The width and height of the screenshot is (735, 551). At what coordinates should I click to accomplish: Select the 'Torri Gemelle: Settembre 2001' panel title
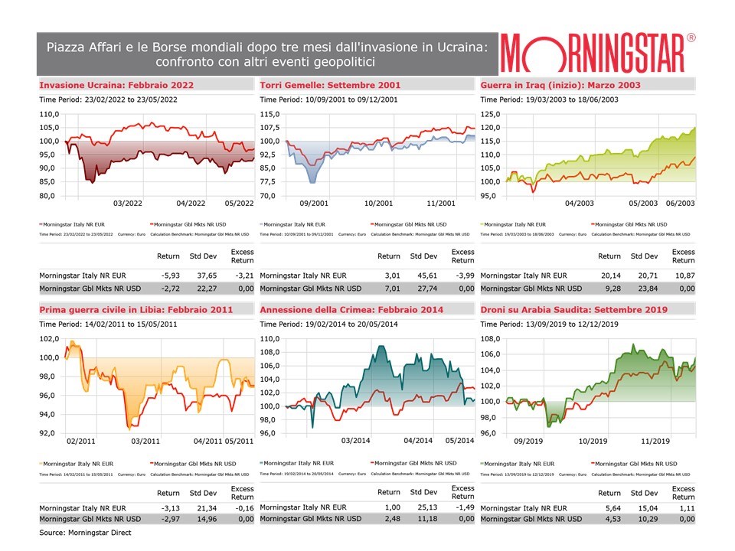330,85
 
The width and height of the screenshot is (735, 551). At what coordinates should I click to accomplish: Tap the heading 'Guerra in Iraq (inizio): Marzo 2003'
560,85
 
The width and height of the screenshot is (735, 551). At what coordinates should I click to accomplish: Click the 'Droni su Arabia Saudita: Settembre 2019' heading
573,310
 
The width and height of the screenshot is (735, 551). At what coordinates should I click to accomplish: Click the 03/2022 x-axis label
128,204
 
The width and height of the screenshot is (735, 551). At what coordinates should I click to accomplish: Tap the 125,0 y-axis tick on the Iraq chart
490,114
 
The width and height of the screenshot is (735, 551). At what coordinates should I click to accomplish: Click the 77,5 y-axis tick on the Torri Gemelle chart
270,182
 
